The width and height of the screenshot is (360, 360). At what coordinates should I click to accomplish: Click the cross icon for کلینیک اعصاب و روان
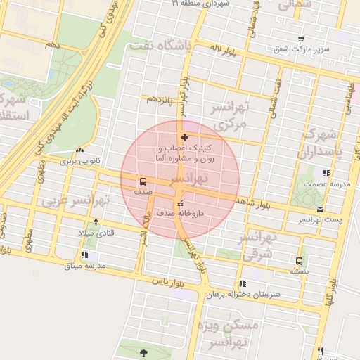pyautogui.click(x=184, y=137)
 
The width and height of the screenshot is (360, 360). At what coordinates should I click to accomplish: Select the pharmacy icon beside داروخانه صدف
pyautogui.click(x=181, y=203)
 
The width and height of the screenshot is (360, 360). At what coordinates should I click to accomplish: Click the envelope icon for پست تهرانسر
pyautogui.click(x=321, y=210)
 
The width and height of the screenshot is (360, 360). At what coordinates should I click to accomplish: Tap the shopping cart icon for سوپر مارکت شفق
pyautogui.click(x=301, y=39)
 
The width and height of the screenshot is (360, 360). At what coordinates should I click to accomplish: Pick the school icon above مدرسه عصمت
pyautogui.click(x=326, y=173)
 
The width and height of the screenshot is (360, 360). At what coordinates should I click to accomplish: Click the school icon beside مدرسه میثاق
pyautogui.click(x=85, y=255)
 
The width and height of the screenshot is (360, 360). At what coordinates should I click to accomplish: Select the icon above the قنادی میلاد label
pyautogui.click(x=96, y=222)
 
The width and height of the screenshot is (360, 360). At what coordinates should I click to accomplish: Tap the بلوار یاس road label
pyautogui.click(x=167, y=281)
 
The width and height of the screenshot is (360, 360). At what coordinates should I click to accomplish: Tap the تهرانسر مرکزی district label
pyautogui.click(x=231, y=115)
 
